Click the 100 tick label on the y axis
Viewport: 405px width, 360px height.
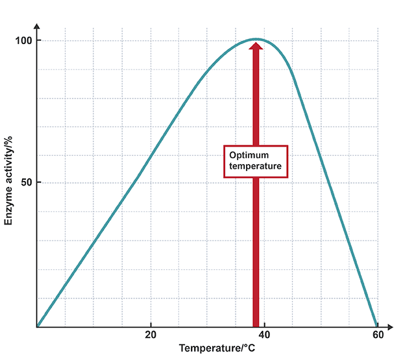point(24,41)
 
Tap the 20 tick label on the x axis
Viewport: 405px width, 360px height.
point(151,335)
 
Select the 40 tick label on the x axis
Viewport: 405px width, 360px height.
point(265,335)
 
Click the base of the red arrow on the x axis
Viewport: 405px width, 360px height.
point(256,324)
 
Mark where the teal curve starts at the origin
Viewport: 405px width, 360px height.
point(38,326)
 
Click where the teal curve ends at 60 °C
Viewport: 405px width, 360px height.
point(377,326)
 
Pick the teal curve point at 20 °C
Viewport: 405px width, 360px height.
point(151,156)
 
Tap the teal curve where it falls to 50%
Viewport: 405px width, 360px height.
point(321,183)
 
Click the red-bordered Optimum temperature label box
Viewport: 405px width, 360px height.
point(256,161)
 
